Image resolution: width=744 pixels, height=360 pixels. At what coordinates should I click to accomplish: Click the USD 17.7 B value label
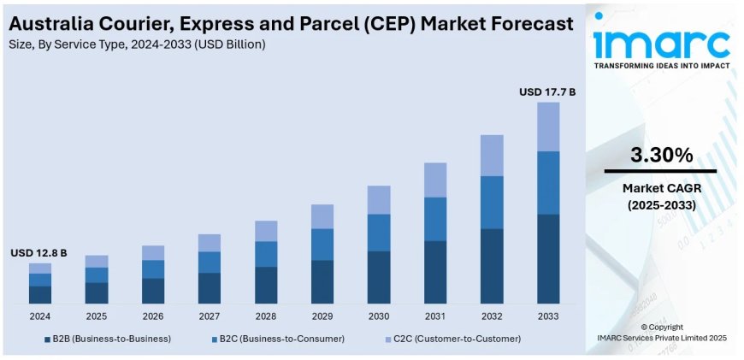(547, 91)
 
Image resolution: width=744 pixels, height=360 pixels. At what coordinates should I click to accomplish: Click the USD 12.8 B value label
(38, 253)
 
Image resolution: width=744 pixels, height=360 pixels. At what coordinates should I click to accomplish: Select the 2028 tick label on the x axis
(265, 316)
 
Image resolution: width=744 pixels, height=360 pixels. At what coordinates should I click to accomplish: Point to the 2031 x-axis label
(434, 316)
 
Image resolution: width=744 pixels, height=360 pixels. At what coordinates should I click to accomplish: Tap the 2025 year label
(97, 316)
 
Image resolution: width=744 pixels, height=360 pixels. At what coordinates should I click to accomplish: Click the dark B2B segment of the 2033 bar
(547, 258)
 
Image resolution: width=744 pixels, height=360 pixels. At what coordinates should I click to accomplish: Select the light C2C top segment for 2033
(547, 127)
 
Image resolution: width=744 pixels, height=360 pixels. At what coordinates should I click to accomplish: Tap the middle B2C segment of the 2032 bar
(491, 203)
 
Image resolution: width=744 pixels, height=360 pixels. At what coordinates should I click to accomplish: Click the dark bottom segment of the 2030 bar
(378, 277)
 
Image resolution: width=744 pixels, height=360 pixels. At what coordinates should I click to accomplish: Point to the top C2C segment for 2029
(322, 216)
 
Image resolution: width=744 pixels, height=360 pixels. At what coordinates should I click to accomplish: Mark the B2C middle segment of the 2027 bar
(209, 262)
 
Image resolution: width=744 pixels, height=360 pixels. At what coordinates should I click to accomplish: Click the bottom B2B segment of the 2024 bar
(40, 294)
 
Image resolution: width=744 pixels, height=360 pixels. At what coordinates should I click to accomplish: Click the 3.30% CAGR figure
(661, 155)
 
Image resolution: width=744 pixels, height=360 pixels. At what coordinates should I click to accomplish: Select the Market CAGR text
(661, 188)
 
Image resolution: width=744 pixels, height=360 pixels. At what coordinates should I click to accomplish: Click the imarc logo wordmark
(662, 41)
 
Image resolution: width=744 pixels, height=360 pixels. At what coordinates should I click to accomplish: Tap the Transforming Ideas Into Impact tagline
(662, 66)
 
